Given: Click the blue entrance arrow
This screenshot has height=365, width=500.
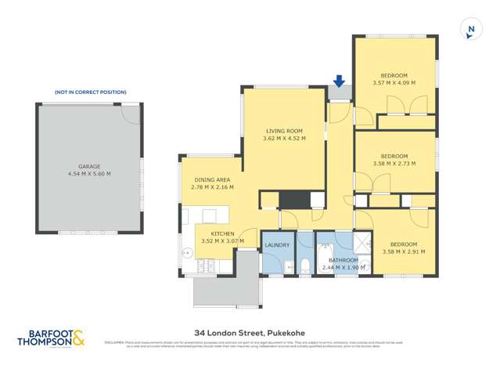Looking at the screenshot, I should [339, 81].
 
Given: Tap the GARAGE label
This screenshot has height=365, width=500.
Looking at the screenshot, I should [89, 166].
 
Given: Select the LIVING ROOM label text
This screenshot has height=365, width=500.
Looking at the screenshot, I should [283, 131].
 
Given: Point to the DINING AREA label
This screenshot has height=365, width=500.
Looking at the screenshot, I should [213, 180].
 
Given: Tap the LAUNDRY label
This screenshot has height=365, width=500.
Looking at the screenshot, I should [277, 245].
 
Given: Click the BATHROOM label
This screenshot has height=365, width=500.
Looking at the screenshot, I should [343, 260].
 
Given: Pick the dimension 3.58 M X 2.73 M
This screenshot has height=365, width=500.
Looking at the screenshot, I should [394, 164].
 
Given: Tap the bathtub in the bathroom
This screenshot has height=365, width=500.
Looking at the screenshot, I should [305, 255].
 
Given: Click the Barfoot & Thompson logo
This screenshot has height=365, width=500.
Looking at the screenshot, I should [52, 338].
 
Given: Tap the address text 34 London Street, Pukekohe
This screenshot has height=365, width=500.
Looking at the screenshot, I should [250, 332].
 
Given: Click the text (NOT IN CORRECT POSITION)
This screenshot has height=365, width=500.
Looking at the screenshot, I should [90, 92].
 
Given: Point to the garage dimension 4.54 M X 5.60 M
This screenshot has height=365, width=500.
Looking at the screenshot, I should [89, 174].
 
